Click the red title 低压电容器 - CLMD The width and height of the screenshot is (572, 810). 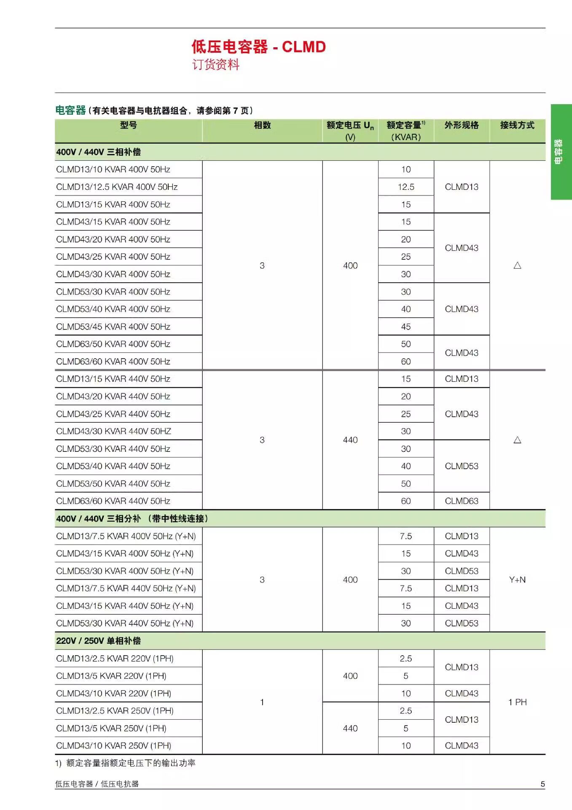258,47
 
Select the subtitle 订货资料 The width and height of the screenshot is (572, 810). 215,65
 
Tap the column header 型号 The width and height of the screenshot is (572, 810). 128,125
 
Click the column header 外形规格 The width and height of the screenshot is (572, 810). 461,125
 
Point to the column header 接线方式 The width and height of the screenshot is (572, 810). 517,125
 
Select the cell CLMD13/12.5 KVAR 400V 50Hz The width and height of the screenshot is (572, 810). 117,187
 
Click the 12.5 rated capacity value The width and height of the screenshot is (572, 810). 406,187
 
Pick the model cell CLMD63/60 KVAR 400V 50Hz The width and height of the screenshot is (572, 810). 113,362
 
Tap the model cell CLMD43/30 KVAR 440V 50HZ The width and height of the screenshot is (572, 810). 113,431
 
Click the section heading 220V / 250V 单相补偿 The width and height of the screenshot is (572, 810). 98,641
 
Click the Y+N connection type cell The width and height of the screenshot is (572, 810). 517,580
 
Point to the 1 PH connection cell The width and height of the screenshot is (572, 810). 517,702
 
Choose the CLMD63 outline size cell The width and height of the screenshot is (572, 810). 461,501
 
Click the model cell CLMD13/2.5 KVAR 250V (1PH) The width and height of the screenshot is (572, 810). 115,711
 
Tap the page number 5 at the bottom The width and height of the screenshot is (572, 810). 542,784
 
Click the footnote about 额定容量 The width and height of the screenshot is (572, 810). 125,763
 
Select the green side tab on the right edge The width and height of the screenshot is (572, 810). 561,152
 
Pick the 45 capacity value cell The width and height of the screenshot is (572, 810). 406,327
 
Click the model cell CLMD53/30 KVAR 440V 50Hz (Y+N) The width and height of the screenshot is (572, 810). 125,623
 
